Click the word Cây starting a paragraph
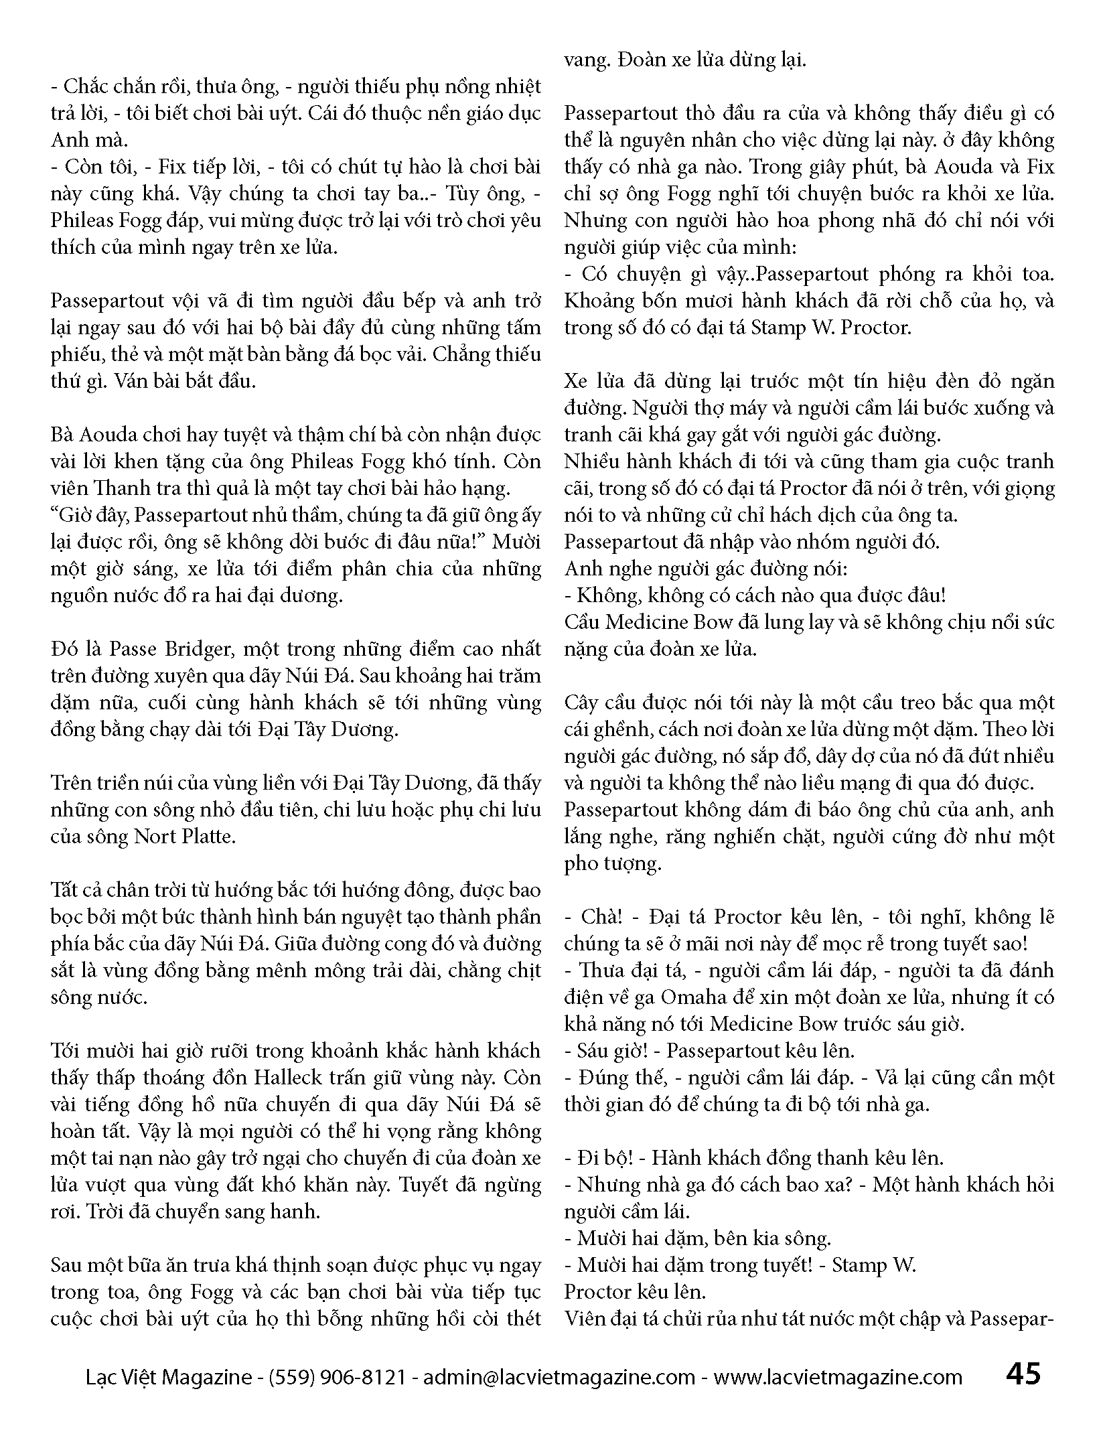(x=581, y=702)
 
